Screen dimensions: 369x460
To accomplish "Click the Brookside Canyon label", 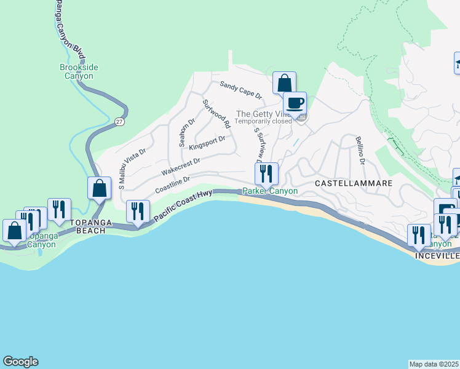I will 79,71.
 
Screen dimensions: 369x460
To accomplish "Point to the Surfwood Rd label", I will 216,114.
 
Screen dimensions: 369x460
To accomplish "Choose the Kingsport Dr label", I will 207,143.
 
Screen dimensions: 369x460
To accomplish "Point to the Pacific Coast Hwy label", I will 183,206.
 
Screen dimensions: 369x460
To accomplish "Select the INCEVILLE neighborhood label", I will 437,255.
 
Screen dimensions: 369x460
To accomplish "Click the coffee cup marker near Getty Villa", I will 295,103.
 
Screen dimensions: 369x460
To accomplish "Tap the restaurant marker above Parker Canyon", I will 266,173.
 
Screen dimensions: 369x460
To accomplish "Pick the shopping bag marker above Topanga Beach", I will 99,188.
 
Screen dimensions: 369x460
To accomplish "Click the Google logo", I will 20,362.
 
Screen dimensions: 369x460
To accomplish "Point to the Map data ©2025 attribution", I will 434,364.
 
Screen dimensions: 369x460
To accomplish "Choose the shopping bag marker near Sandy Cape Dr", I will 284,82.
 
